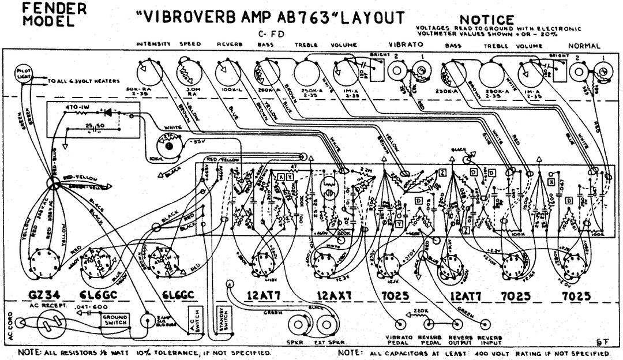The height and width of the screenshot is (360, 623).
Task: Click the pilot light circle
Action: [x=25, y=75]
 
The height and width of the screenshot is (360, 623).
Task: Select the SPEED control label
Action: [x=190, y=44]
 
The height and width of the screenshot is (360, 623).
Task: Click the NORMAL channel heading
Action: [x=584, y=45]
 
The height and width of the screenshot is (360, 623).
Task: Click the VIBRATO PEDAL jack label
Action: [x=399, y=340]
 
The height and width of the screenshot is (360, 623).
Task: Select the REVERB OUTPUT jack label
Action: [x=461, y=340]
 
